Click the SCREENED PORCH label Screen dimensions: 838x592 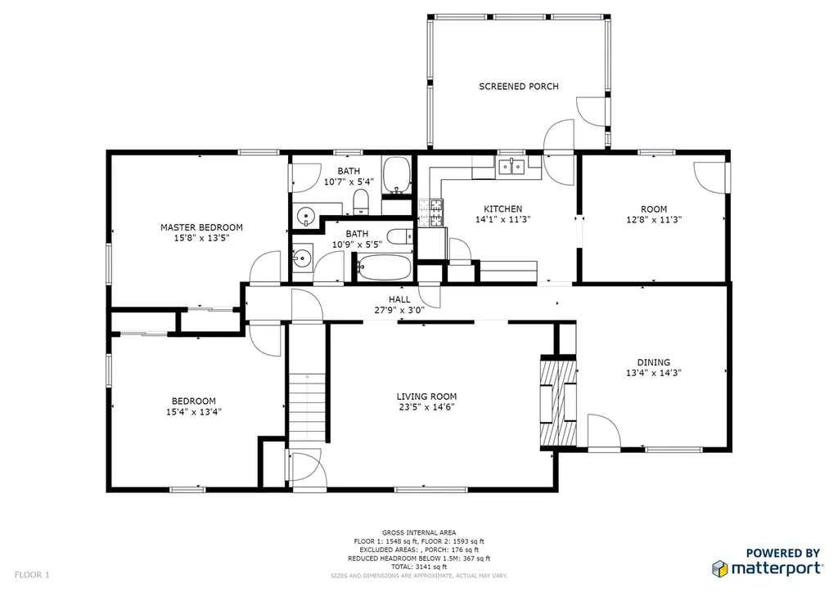pyautogui.click(x=518, y=87)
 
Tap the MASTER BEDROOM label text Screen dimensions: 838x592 pyautogui.click(x=201, y=227)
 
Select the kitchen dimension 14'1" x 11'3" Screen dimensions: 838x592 pyautogui.click(x=502, y=219)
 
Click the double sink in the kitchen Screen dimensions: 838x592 pyautogui.click(x=511, y=167)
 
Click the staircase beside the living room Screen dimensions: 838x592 pyautogui.click(x=308, y=406)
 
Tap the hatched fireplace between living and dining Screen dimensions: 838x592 pyautogui.click(x=558, y=403)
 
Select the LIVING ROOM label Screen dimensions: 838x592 pyautogui.click(x=426, y=397)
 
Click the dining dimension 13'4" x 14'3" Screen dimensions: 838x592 pyautogui.click(x=653, y=373)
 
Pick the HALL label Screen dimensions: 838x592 pyautogui.click(x=399, y=300)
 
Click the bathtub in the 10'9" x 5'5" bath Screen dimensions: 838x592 pyautogui.click(x=385, y=267)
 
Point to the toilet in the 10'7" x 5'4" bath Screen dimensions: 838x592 pyautogui.click(x=362, y=201)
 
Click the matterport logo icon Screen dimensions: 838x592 pyautogui.click(x=719, y=568)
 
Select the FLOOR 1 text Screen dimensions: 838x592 pyautogui.click(x=32, y=575)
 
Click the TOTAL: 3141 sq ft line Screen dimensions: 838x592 pyautogui.click(x=418, y=567)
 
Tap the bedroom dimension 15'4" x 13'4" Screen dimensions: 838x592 pyautogui.click(x=193, y=412)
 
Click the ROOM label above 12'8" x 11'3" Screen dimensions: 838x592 pyautogui.click(x=654, y=209)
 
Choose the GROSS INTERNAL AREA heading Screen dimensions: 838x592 pyautogui.click(x=419, y=532)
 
